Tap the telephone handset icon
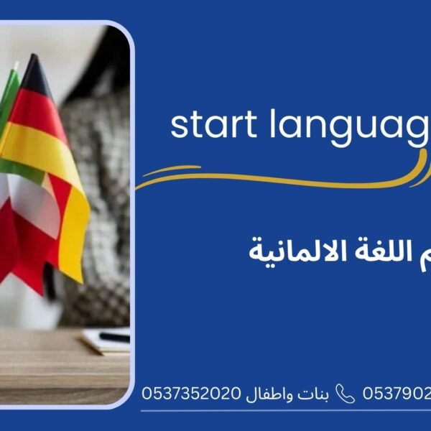coord(346,394)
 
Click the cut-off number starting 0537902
coord(397,394)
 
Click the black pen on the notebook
coord(114,337)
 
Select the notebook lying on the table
coord(104,342)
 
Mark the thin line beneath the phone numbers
coord(287,411)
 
